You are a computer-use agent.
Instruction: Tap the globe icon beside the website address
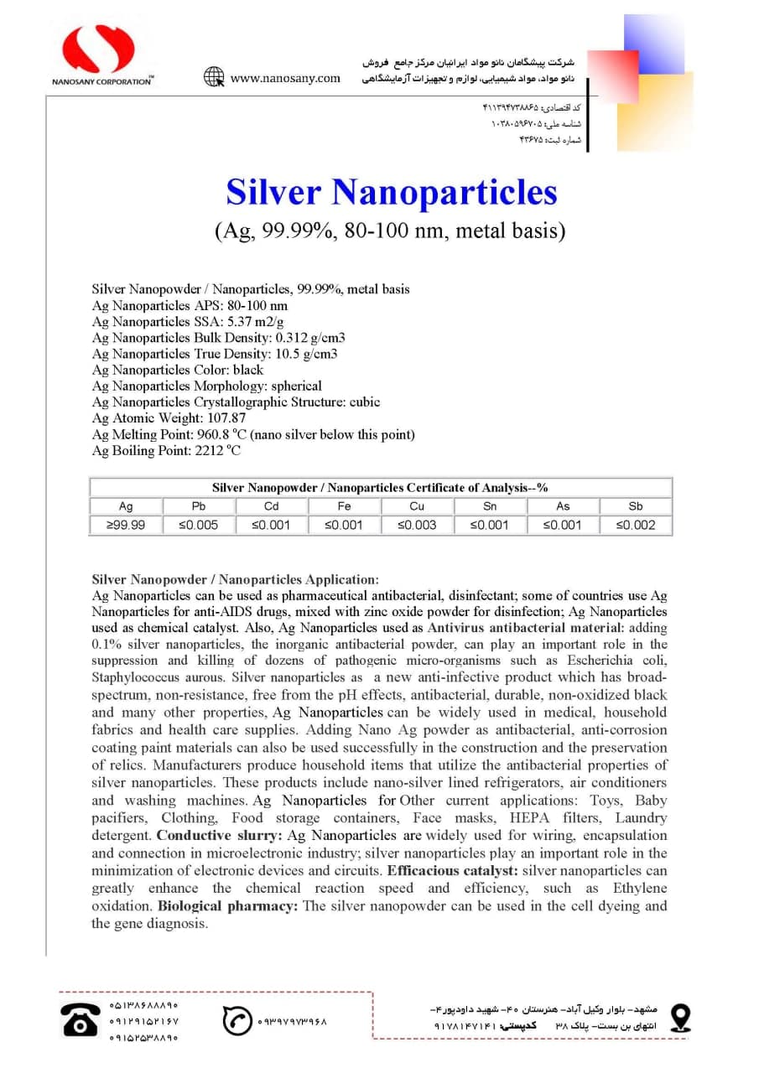pos(214,77)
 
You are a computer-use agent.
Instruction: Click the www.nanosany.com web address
pos(285,78)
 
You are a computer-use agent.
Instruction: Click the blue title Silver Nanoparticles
pos(391,192)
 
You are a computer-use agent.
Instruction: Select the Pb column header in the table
pos(199,506)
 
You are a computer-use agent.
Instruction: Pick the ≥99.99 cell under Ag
pos(126,526)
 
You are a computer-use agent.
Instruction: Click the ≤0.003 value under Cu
pos(417,526)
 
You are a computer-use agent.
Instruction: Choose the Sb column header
pos(636,506)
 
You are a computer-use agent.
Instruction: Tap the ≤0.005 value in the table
pos(199,526)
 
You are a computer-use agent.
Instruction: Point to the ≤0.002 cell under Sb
pos(636,526)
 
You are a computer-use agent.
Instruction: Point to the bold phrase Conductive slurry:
pos(220,835)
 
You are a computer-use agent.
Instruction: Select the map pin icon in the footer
pos(680,1017)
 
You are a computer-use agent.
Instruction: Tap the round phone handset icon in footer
pos(237,1020)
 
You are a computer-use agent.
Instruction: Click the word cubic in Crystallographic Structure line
pos(365,402)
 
